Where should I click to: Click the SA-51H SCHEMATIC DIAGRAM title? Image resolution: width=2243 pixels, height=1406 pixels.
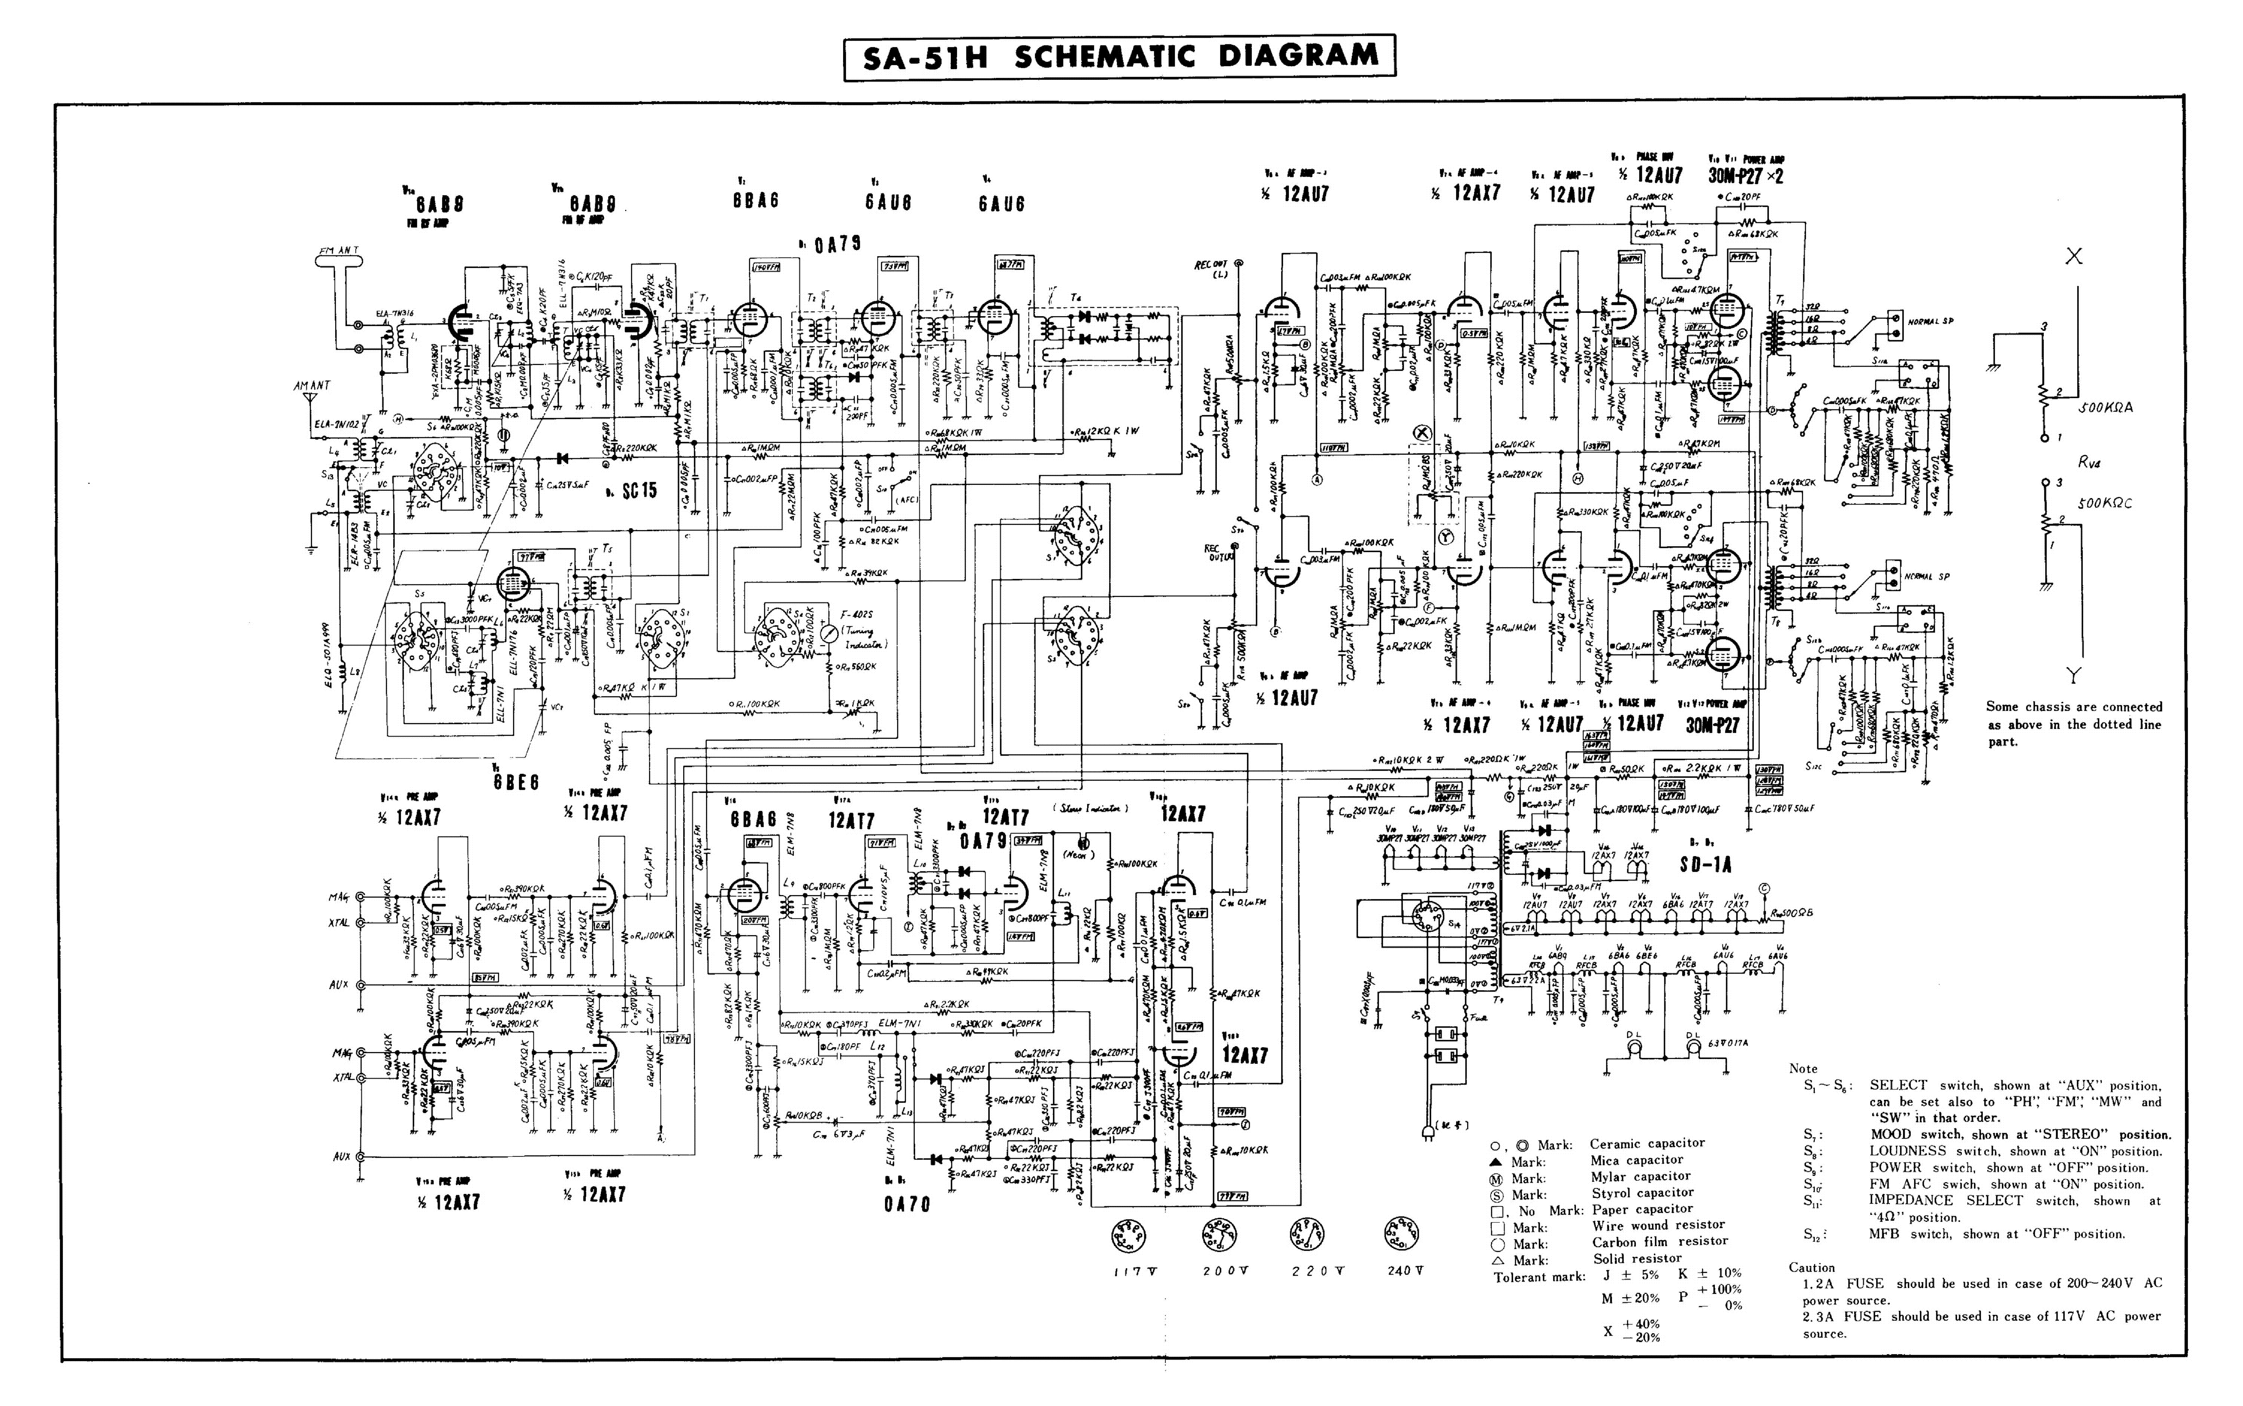pyautogui.click(x=1120, y=58)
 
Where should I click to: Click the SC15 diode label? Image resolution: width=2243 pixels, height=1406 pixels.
pyautogui.click(x=639, y=490)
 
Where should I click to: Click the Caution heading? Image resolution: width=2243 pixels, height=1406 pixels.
pyautogui.click(x=1812, y=1268)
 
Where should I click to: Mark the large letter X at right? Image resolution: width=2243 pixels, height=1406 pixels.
pyautogui.click(x=2073, y=257)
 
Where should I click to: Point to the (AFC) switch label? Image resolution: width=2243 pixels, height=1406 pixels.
pyautogui.click(x=906, y=499)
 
